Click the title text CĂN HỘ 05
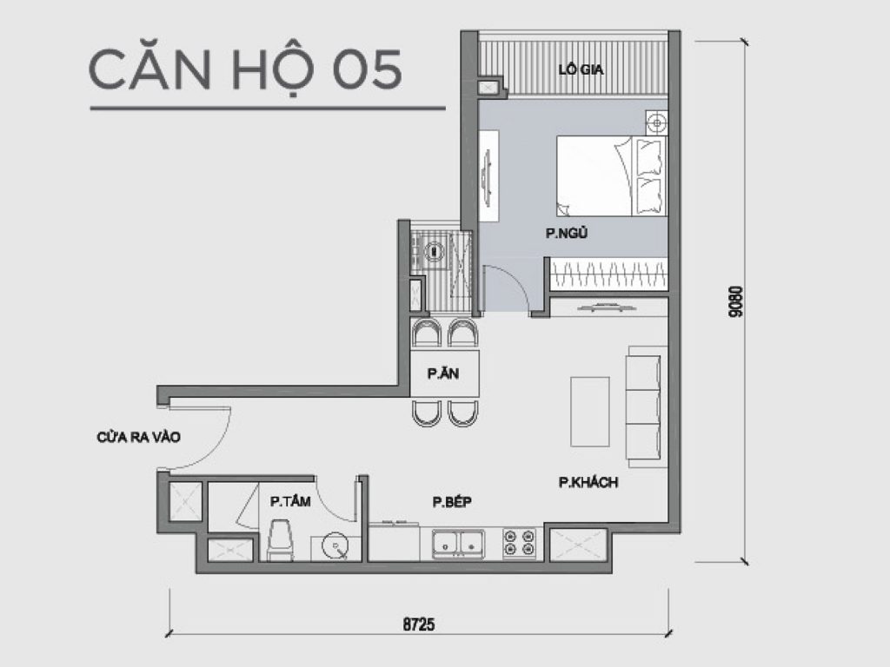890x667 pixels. (x=246, y=71)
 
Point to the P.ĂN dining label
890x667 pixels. (x=442, y=374)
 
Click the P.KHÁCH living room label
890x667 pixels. (x=588, y=483)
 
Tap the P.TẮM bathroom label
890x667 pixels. (x=289, y=501)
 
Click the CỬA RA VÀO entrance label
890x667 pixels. (x=138, y=438)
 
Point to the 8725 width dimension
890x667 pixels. (x=418, y=624)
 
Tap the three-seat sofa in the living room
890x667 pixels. (x=645, y=405)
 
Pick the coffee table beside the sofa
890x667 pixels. (x=588, y=411)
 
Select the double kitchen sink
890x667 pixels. (x=459, y=543)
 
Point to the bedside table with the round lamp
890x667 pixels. (x=655, y=122)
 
